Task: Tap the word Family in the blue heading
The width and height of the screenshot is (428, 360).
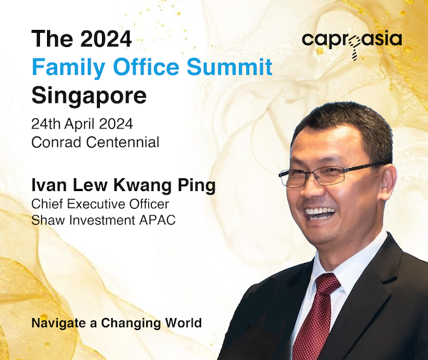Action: (x=68, y=67)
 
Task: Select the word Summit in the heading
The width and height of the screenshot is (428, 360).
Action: (x=230, y=66)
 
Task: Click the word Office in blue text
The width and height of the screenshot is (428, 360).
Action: (x=146, y=66)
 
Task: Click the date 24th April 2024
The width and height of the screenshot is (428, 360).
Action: (x=82, y=124)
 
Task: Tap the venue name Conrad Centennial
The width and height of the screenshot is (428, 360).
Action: (x=96, y=142)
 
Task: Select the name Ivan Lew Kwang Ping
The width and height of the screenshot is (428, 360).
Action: (x=123, y=185)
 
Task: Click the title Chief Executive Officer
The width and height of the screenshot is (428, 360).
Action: (x=100, y=204)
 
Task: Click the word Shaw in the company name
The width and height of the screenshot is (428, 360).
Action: (x=49, y=220)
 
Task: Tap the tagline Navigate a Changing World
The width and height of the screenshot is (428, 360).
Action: (x=116, y=323)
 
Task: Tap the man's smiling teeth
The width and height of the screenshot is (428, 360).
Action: (x=320, y=212)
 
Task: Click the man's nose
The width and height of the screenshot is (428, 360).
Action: (x=310, y=188)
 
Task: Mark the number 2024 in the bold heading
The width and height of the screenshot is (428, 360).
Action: (x=106, y=38)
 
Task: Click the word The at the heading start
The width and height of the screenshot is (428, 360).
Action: (x=52, y=38)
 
